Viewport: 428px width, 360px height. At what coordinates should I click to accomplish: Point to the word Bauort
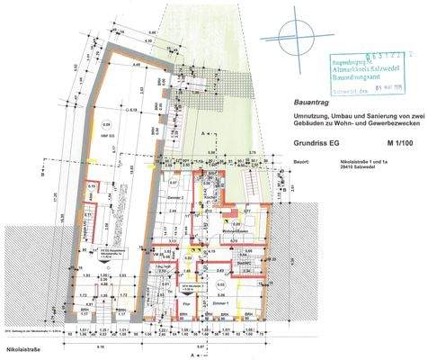coord(300,162)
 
